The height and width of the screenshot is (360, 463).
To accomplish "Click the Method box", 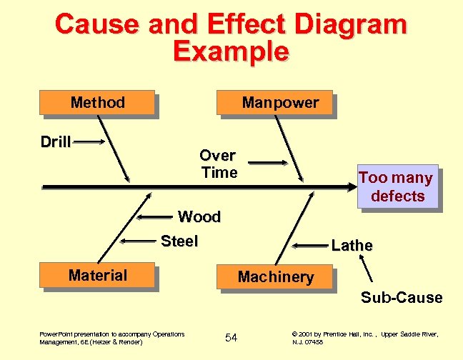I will click(x=98, y=103).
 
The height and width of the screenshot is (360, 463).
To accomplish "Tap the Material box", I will click(x=98, y=276).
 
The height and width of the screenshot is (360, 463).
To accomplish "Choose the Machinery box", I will click(x=276, y=276).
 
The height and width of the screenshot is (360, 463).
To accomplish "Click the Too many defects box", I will click(x=397, y=187).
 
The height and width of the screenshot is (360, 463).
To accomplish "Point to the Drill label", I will click(x=55, y=141).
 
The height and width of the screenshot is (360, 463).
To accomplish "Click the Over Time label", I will click(x=219, y=164).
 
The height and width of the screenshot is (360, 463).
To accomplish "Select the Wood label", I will click(x=199, y=216).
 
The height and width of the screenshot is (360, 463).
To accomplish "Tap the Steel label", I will click(x=179, y=241).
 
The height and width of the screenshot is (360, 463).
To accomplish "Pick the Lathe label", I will click(x=352, y=246).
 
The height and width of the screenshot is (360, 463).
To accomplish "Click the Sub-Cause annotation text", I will click(x=402, y=297).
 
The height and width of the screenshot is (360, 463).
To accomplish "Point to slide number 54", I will click(x=231, y=337).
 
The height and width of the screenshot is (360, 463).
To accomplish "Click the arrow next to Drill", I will click(x=90, y=143).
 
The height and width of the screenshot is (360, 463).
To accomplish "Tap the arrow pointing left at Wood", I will click(x=156, y=216).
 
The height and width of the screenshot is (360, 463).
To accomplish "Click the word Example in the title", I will click(x=231, y=51).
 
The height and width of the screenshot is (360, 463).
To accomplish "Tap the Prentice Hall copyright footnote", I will click(x=364, y=338).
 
